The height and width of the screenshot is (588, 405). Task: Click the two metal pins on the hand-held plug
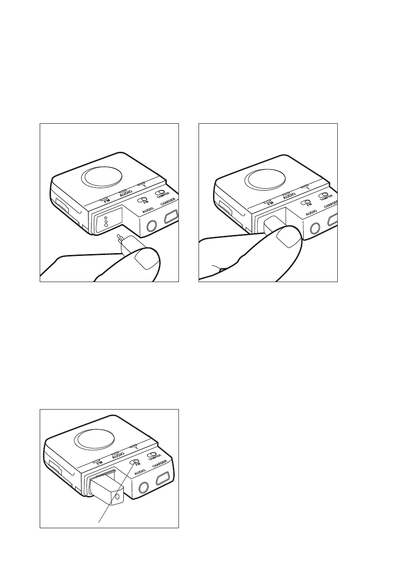click(x=119, y=238)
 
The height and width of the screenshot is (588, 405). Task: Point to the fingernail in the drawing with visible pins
click(x=144, y=259)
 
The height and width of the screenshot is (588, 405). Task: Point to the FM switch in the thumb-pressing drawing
click(x=305, y=202)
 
